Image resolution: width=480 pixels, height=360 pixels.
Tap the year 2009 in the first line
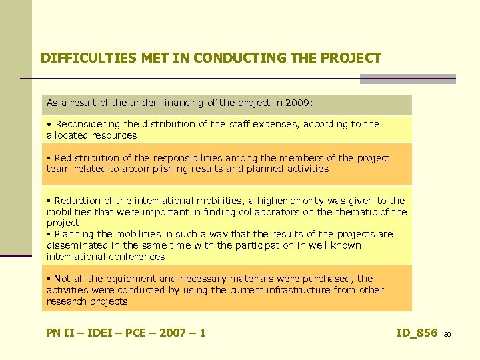pos(297,103)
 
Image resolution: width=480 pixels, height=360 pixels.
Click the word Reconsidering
pos(89,124)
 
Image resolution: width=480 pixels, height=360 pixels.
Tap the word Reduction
pos(77,201)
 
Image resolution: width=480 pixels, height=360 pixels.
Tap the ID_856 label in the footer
pos(417,333)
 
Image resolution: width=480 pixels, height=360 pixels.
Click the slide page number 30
pos(447,334)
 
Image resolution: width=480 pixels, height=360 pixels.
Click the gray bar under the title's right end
pos(407,79)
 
